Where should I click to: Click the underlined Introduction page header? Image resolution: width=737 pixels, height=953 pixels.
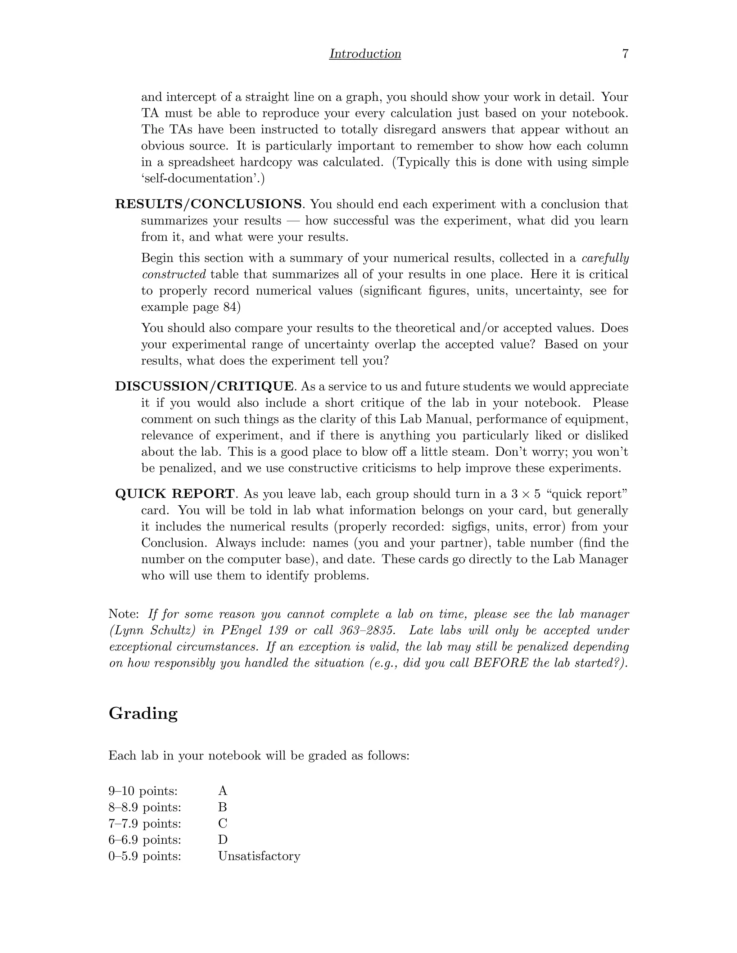click(x=365, y=54)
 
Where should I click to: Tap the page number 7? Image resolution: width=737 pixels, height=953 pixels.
click(x=625, y=54)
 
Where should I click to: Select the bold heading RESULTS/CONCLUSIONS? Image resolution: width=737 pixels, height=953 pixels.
click(x=208, y=204)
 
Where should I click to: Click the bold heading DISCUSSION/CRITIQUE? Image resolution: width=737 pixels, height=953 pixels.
click(x=204, y=386)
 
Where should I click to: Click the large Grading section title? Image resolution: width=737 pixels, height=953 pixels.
click(x=143, y=713)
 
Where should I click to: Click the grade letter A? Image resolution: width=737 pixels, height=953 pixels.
click(x=223, y=791)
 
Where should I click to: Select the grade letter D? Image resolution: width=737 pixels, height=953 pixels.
click(x=223, y=840)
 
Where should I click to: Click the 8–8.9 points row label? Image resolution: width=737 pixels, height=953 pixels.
click(x=145, y=807)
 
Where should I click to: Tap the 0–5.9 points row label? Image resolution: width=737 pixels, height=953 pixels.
click(x=145, y=856)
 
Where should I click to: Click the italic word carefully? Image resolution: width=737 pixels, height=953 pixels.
click(x=605, y=258)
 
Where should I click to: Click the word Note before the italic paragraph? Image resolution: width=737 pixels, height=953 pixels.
click(x=123, y=614)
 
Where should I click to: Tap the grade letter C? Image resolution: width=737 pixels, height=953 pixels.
click(x=223, y=824)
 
